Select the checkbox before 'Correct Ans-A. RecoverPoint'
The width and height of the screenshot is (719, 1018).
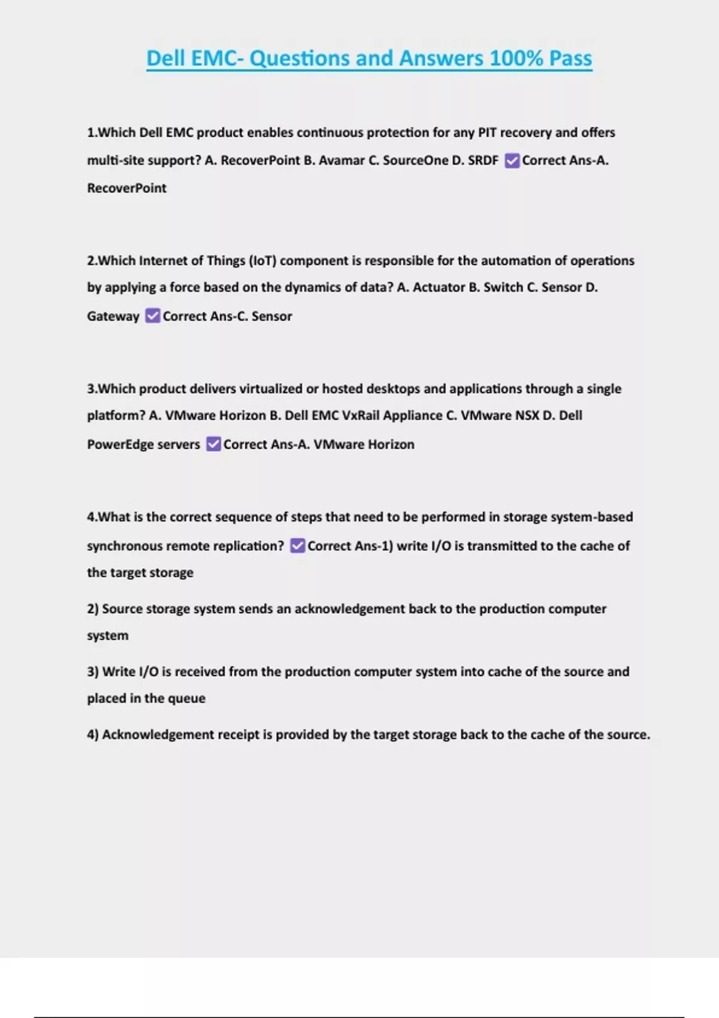pyautogui.click(x=512, y=160)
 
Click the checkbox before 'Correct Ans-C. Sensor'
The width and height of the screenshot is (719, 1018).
pyautogui.click(x=153, y=316)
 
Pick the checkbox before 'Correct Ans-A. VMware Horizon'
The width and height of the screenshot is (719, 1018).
pyautogui.click(x=213, y=444)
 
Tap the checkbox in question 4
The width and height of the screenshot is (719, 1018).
pyautogui.click(x=297, y=546)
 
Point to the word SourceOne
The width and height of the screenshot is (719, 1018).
pyautogui.click(x=416, y=160)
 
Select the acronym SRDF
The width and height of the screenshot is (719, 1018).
pyautogui.click(x=483, y=160)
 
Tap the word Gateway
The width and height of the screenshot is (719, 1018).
pyautogui.click(x=113, y=316)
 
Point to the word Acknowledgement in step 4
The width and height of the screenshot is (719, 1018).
pyautogui.click(x=158, y=735)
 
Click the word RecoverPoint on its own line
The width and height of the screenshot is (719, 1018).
pyautogui.click(x=126, y=188)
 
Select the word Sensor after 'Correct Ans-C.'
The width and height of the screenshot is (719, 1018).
pyautogui.click(x=271, y=316)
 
